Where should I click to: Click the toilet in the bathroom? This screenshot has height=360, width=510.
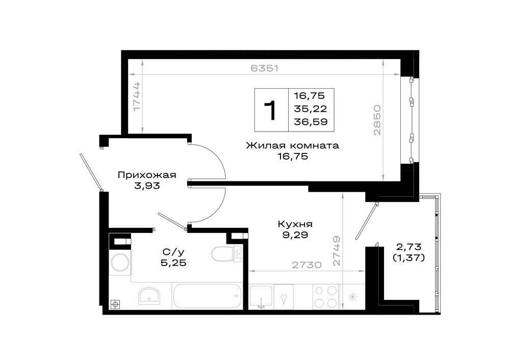point(227,253)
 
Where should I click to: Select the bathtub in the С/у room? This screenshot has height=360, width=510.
point(207,296)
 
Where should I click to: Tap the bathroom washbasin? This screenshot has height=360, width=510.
point(149,296)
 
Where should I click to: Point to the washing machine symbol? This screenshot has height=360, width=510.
point(120,263)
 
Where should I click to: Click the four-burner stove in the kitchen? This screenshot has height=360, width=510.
point(325,297)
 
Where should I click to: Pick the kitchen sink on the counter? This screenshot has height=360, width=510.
point(261,297)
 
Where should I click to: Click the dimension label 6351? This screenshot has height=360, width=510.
point(265,68)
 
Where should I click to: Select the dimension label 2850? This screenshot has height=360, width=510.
point(377,120)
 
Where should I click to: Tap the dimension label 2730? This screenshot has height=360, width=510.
point(307,265)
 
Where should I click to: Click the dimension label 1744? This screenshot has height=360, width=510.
point(136,96)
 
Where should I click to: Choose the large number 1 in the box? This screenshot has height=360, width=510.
point(270,110)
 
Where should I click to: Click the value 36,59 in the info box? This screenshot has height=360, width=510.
point(311,122)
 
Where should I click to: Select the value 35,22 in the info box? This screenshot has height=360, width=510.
point(310,109)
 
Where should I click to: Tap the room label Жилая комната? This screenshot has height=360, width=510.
point(292,145)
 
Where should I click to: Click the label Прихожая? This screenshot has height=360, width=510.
point(147,175)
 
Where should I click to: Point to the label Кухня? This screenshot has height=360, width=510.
point(295,224)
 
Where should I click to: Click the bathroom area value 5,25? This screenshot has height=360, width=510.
point(174,263)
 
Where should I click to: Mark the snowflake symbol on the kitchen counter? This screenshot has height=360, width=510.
point(352,297)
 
